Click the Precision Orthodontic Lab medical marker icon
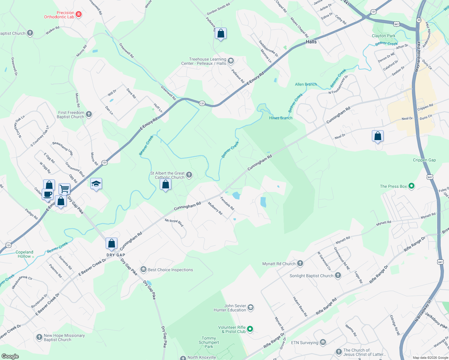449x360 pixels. click(79, 14)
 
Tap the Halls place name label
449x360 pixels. click(311, 42)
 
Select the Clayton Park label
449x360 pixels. click(383, 36)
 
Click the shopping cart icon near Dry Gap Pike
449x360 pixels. click(64, 189)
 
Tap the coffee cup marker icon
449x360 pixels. click(48, 194)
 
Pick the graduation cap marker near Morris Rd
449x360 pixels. click(96, 184)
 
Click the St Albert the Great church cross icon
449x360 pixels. click(189, 175)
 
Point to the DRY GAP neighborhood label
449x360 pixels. click(116, 255)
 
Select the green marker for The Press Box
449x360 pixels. click(411, 186)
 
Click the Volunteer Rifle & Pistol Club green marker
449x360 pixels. click(250, 329)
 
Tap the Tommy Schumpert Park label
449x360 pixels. click(209, 342)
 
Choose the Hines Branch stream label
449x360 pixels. click(281, 118)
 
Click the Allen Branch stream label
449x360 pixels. click(306, 84)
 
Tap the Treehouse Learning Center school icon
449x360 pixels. click(231, 61)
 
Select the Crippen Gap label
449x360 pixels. click(424, 160)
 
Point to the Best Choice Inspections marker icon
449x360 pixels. click(143, 269)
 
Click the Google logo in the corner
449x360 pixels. click(10, 356)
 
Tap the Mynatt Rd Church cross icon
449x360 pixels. click(300, 263)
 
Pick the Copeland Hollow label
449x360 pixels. click(24, 254)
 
